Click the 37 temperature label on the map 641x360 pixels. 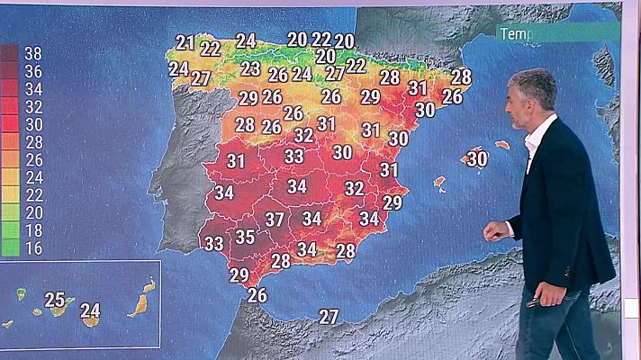click(275, 219)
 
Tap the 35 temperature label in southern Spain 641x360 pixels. click(245, 238)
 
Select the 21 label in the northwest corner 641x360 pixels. click(185, 42)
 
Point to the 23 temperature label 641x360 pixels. click(251, 68)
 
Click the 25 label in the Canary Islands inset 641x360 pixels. click(55, 300)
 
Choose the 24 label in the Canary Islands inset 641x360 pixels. click(90, 311)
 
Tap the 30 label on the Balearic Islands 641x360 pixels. click(477, 158)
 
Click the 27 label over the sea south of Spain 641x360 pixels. click(329, 317)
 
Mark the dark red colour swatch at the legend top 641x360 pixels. click(10, 53)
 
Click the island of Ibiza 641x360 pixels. click(439, 183)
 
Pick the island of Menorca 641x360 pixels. click(502, 144)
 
